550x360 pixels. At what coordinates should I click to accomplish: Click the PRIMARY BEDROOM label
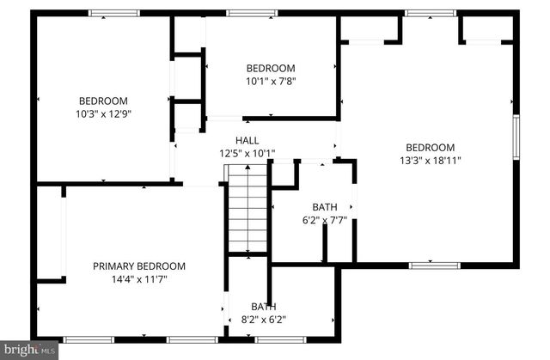point(138,266)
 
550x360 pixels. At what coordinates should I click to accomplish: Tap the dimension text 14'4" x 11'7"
point(138,279)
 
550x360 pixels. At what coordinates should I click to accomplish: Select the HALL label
point(247,141)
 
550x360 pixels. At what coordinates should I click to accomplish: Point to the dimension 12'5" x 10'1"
point(247,154)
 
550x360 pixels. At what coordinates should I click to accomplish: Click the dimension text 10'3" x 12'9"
point(103,113)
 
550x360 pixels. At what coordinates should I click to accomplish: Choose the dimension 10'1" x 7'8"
point(271,82)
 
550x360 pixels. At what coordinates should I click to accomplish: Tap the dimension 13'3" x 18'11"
point(430,160)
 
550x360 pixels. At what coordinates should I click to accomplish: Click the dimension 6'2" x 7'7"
point(325,220)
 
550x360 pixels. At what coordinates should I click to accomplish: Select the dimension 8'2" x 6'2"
point(264,320)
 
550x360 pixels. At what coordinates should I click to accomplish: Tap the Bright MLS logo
point(29,349)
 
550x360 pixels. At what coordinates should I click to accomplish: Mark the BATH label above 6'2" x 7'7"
point(325,207)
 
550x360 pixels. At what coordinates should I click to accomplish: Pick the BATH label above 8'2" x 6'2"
point(264,307)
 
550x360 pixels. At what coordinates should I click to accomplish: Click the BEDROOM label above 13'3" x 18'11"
point(430,147)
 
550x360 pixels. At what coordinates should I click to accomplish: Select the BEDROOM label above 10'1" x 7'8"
point(271,69)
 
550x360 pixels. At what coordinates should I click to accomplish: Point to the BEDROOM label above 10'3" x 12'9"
point(103,100)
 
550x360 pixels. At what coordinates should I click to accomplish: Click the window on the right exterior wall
point(516,137)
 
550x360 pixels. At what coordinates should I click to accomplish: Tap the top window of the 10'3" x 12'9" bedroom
point(113,13)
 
